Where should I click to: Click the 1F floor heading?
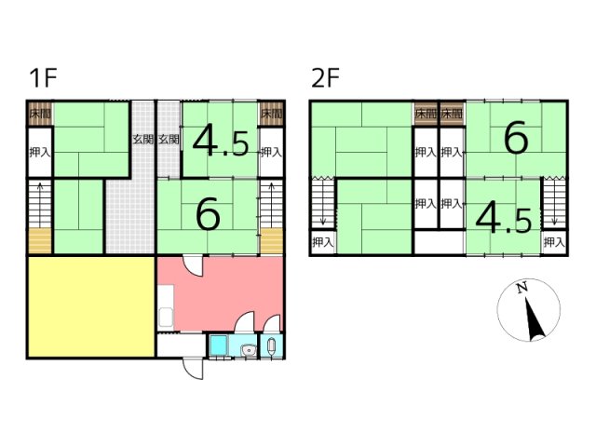pos(44,77)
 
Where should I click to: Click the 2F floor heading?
pos(325,77)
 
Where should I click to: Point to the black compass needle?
pos(535,318)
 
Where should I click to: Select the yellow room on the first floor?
pos(91,307)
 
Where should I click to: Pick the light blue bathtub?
pos(219,345)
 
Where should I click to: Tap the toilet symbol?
pos(271,346)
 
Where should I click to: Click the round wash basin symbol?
pos(249,350)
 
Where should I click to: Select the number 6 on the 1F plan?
pos(208,215)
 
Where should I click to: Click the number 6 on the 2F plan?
pos(516,137)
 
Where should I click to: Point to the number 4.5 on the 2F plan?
pos(503,220)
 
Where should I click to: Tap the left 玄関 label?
pos(142,140)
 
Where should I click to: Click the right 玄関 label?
pos(169,140)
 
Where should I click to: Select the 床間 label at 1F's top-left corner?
pos(40,114)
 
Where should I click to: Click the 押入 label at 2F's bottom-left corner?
pos(322,242)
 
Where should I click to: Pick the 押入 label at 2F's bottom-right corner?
pos(554,242)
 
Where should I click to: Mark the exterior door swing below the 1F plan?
pos(193,369)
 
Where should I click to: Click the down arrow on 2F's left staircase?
pos(323,202)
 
